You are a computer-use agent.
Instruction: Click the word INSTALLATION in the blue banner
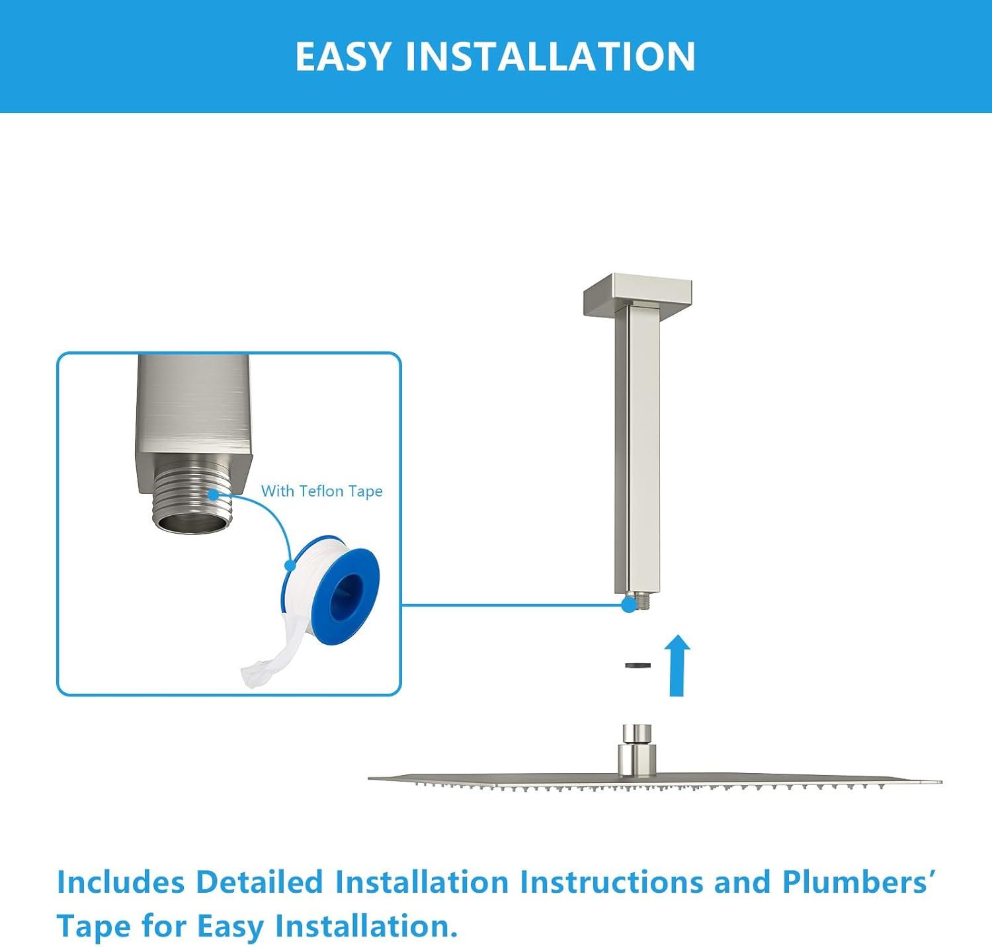(x=550, y=56)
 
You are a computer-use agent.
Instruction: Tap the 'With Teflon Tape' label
(x=321, y=491)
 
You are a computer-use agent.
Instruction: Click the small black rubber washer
(x=638, y=665)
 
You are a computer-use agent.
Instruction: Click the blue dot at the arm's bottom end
(x=628, y=604)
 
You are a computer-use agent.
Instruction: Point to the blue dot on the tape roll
(x=289, y=565)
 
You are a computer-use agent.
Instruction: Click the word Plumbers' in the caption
(x=858, y=882)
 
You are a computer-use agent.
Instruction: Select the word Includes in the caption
(x=120, y=882)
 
